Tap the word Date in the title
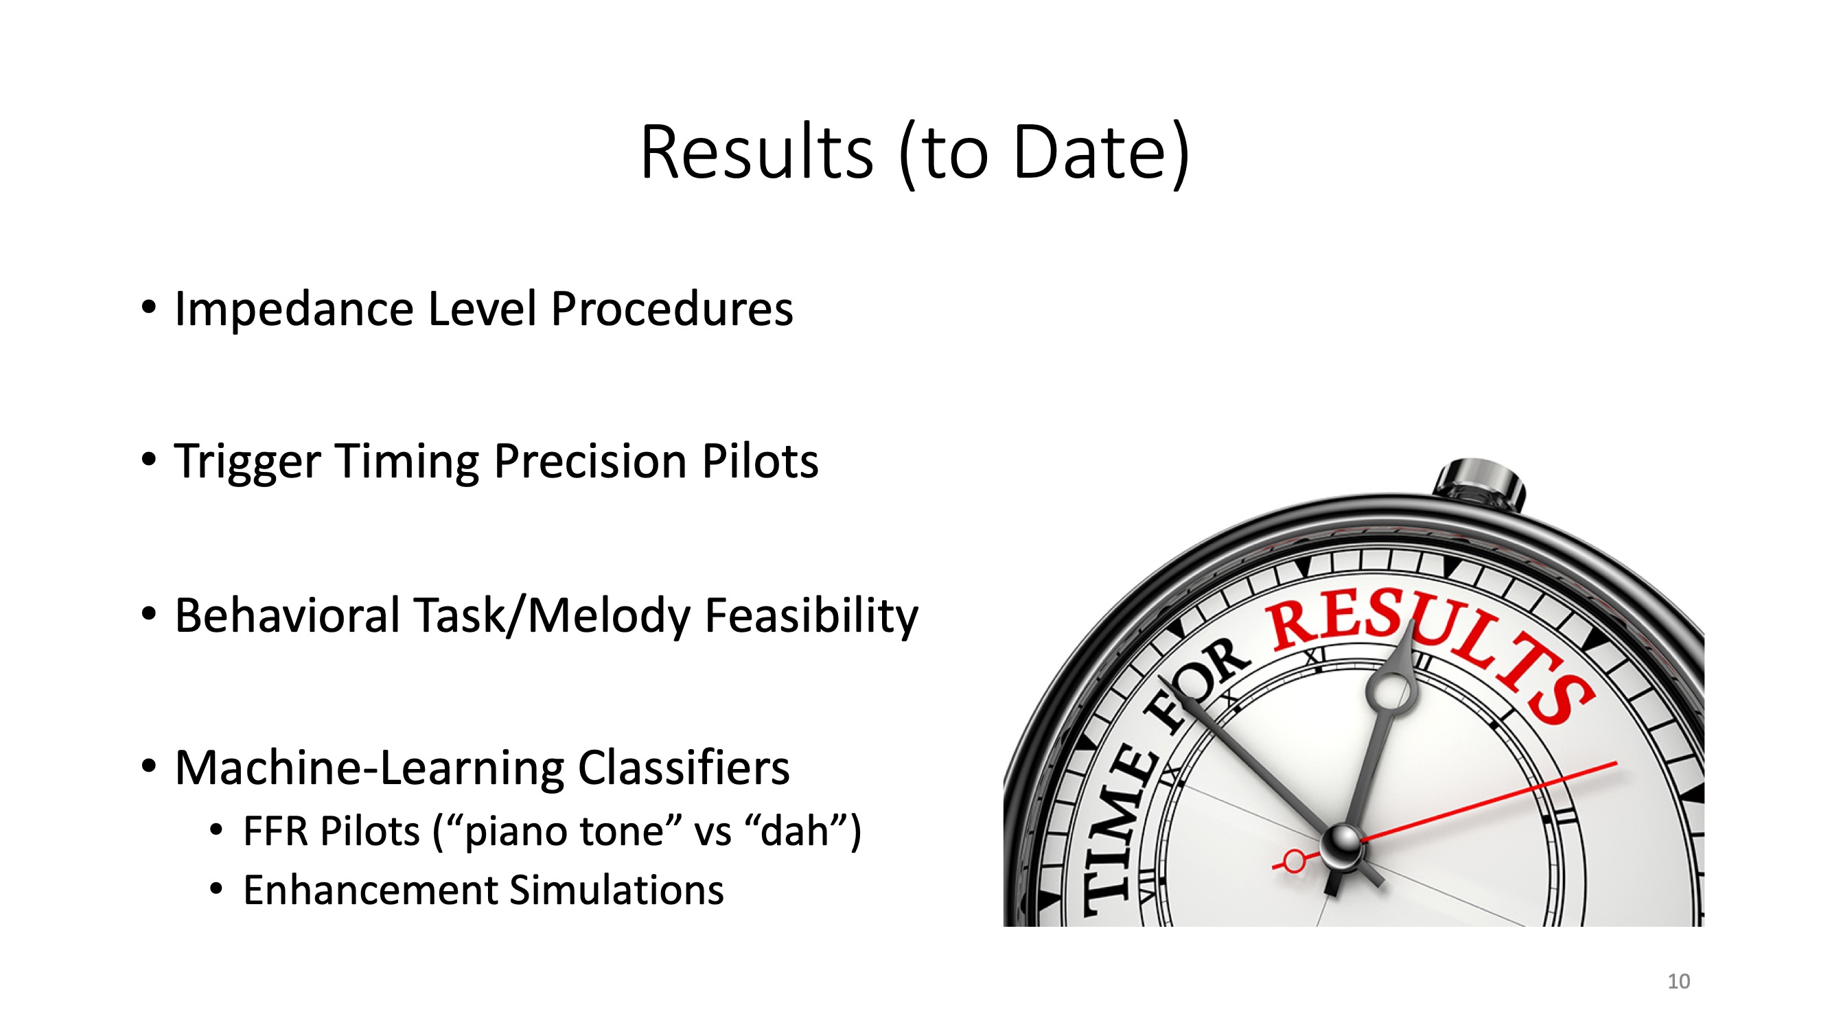click(x=1091, y=152)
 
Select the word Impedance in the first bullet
click(x=294, y=309)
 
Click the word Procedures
click(x=672, y=309)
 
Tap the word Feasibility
click(x=811, y=617)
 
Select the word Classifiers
click(x=684, y=768)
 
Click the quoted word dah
click(x=791, y=830)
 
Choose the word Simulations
click(x=616, y=890)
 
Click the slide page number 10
click(x=1679, y=982)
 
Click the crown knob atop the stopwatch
click(x=1480, y=484)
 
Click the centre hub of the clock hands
click(x=1341, y=845)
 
